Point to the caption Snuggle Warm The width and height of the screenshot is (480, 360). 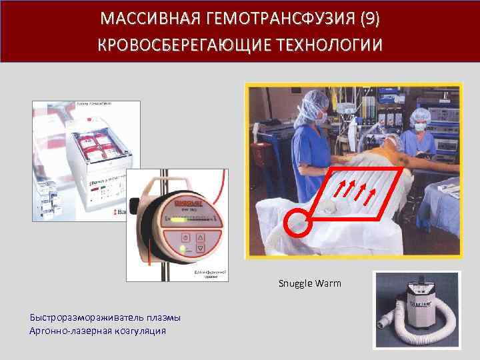point(309,283)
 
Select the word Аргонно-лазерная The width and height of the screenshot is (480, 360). point(63,330)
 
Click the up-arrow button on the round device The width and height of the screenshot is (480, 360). point(199,238)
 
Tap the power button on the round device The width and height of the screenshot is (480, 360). point(185,238)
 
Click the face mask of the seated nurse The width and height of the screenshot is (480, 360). point(419,127)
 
